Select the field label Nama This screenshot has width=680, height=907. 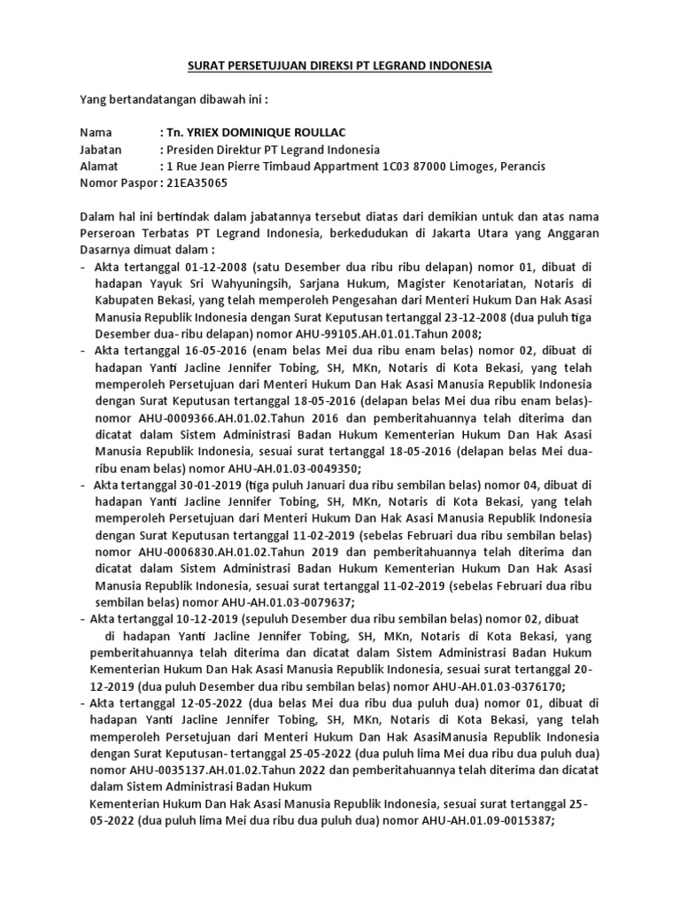point(97,133)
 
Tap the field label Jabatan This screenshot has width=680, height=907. point(101,150)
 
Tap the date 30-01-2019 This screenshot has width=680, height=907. point(200,485)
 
